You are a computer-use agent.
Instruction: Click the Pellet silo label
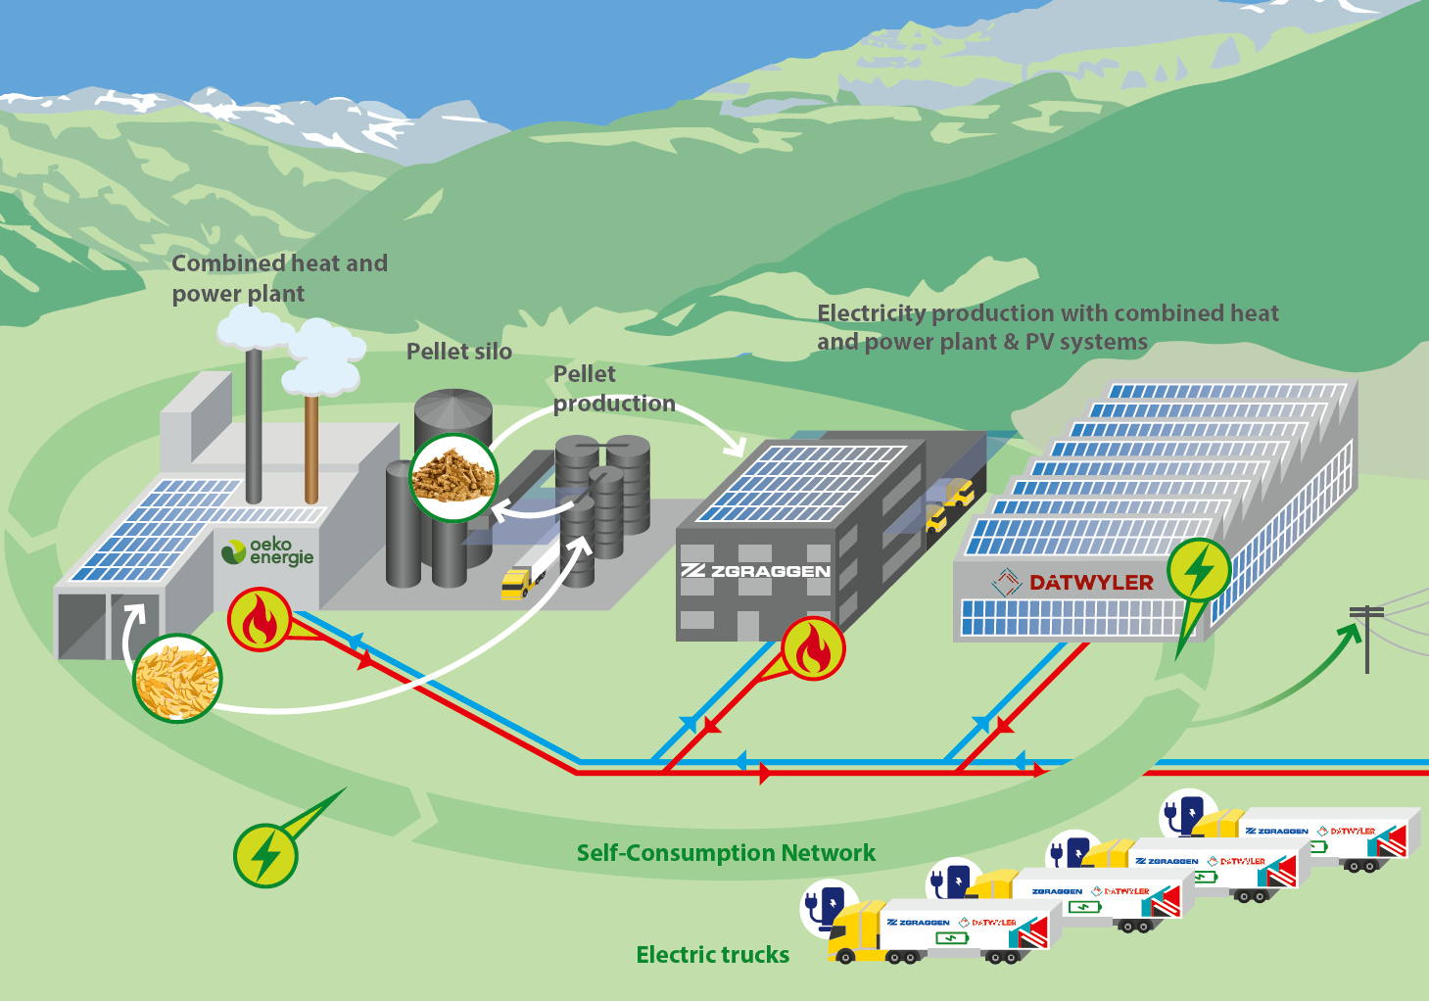tap(458, 352)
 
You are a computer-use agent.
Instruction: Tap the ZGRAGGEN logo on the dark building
tap(755, 571)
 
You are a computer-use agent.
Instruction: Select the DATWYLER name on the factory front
tap(1091, 583)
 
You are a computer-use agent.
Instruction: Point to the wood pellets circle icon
tap(453, 477)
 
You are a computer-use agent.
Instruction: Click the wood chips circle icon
tap(177, 678)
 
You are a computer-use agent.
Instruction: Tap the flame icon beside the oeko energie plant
tap(260, 620)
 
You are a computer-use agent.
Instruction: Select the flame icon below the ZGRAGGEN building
tap(813, 648)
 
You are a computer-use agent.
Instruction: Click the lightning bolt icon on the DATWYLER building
tap(1199, 570)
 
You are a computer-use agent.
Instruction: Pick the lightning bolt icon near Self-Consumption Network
tap(265, 856)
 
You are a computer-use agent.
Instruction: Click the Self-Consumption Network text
tap(726, 853)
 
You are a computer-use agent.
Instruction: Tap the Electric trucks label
tap(712, 955)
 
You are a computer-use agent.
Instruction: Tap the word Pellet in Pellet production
tap(585, 374)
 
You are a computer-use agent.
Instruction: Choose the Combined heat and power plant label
tap(279, 278)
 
